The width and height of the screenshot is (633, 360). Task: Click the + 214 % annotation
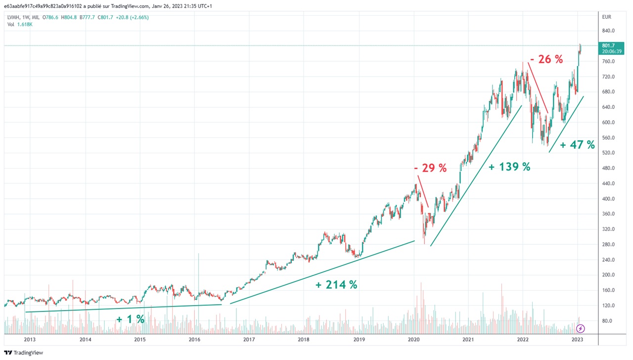click(336, 285)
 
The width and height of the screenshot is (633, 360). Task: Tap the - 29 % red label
click(430, 168)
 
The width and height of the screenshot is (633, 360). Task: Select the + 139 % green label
click(509, 167)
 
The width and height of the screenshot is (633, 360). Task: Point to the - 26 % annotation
click(546, 59)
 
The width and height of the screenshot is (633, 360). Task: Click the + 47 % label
click(577, 145)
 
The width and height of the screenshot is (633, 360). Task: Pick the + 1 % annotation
click(131, 319)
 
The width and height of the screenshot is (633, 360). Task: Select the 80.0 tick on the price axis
click(607, 321)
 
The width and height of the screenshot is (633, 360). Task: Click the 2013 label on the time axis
click(30, 340)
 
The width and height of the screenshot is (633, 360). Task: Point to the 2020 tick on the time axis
click(413, 340)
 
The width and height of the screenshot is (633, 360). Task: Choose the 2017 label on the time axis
click(249, 340)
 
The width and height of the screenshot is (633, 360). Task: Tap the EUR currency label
click(607, 17)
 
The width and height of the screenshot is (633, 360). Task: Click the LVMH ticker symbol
click(14, 17)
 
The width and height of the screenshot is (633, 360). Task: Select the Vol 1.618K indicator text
click(20, 24)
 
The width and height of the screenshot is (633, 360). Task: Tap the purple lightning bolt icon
click(581, 328)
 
